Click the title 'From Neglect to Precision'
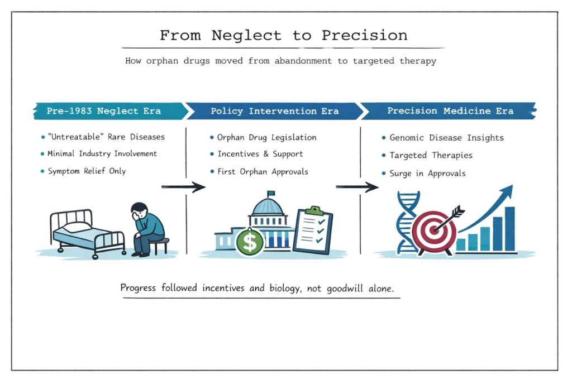click(x=284, y=36)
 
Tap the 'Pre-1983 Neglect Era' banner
click(x=105, y=110)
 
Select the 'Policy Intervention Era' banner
click(x=274, y=110)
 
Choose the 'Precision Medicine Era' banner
click(x=450, y=110)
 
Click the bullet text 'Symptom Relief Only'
click(x=86, y=171)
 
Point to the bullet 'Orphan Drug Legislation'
click(x=266, y=137)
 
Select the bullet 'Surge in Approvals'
click(x=427, y=174)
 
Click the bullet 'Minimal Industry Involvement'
click(x=102, y=153)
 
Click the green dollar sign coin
click(x=249, y=242)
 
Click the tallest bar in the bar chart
click(x=509, y=229)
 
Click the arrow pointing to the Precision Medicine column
click(x=357, y=187)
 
